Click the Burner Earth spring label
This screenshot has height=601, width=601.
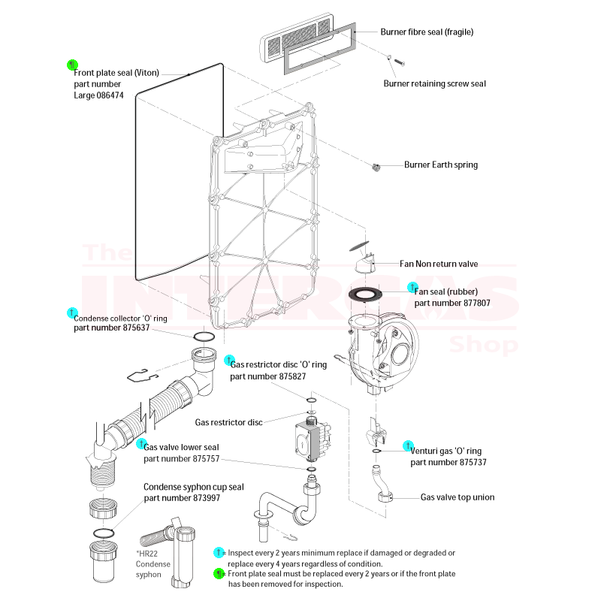(x=440, y=165)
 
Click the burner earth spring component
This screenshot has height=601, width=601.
(x=376, y=166)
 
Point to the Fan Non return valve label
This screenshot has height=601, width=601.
(x=439, y=264)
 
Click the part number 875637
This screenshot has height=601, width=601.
(x=111, y=328)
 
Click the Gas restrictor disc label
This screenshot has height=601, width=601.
(x=228, y=422)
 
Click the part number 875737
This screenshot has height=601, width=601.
(x=448, y=462)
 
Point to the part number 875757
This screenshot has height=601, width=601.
(x=181, y=458)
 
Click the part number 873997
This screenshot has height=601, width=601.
(x=181, y=497)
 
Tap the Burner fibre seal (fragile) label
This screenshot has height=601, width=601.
(x=427, y=32)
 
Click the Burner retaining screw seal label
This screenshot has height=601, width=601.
(x=434, y=83)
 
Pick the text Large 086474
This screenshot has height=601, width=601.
(x=98, y=95)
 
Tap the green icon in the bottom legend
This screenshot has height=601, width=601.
(x=219, y=574)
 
